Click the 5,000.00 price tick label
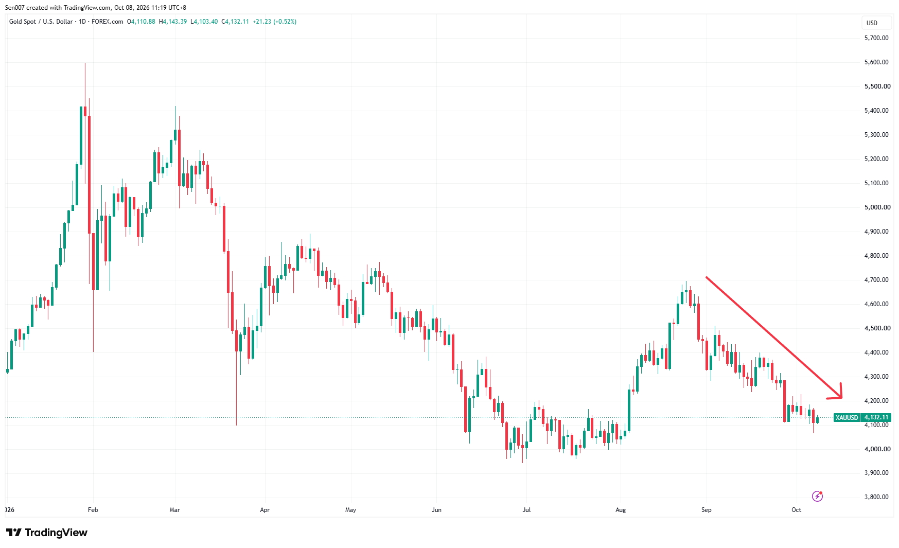click(877, 207)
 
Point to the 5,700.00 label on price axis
click(876, 38)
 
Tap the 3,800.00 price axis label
click(876, 497)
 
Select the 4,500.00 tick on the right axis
click(877, 328)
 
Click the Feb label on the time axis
click(93, 510)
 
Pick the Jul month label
click(526, 510)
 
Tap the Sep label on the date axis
click(706, 510)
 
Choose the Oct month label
click(796, 510)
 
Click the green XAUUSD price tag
click(847, 417)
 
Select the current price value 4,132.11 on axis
click(876, 417)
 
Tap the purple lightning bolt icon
click(817, 496)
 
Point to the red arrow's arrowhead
click(841, 396)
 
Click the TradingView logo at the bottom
click(47, 533)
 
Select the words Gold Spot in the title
click(23, 22)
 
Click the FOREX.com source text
click(108, 22)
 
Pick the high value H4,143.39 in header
click(173, 22)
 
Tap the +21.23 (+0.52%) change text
click(275, 22)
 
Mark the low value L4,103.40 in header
click(204, 22)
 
